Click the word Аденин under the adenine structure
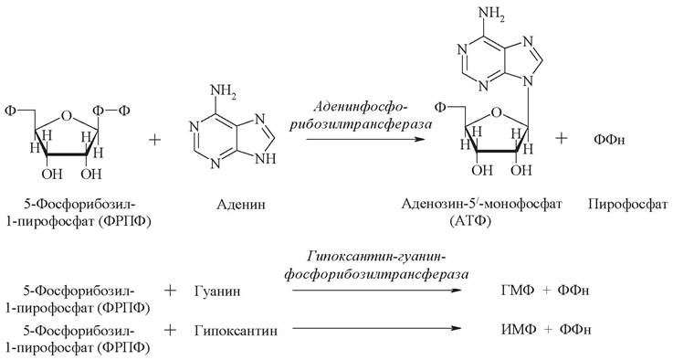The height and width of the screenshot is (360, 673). [241, 204]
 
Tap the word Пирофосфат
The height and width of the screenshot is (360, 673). [628, 204]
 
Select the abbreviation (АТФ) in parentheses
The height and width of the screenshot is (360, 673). [470, 221]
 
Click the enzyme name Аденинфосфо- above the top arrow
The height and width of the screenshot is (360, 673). [360, 107]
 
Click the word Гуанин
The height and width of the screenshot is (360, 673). [217, 291]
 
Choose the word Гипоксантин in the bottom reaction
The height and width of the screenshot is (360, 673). [236, 331]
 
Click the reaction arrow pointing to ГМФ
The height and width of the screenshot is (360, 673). [376, 291]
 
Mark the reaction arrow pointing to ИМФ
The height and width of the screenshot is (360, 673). [376, 329]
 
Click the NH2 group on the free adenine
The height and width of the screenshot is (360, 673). [223, 92]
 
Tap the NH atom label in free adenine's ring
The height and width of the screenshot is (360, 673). [266, 159]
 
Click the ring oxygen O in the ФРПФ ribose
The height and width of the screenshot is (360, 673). [66, 115]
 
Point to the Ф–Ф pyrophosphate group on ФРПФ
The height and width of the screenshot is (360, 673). [111, 111]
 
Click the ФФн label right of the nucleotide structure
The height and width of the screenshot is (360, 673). [609, 140]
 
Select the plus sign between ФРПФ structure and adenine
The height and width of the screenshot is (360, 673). [154, 140]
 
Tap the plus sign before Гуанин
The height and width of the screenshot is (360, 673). [171, 291]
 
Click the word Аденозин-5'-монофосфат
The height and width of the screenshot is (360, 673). [481, 204]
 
